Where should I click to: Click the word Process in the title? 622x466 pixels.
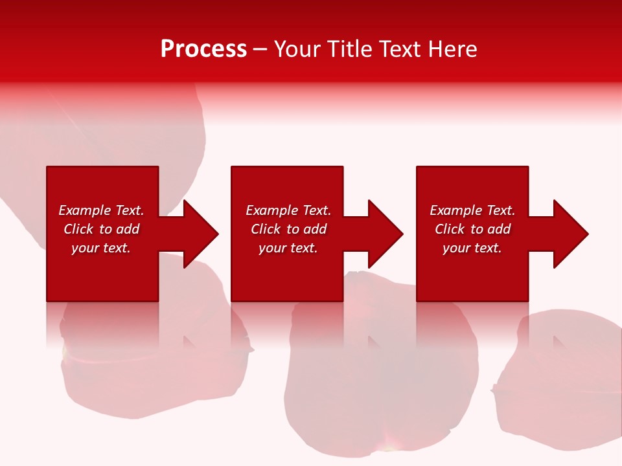203,49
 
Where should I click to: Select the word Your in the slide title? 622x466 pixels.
298,49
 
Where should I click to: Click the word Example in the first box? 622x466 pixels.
85,210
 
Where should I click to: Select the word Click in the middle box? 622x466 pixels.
266,229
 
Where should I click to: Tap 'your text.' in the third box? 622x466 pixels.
472,248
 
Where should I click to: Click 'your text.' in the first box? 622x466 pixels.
101,248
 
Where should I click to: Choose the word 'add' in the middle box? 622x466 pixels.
315,229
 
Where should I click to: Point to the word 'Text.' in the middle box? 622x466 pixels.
316,210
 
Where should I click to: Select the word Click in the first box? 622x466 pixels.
79,229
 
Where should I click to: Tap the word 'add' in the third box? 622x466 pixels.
499,229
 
